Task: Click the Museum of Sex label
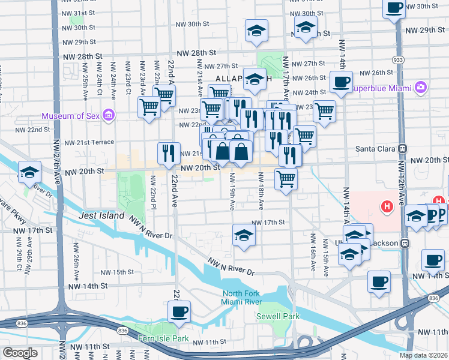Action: point(71,116)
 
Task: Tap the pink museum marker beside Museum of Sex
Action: point(109,115)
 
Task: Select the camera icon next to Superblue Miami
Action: point(420,88)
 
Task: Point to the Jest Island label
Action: point(101,215)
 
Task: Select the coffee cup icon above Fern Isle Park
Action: point(178,311)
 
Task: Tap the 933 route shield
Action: point(397,61)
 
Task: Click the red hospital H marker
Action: point(387,206)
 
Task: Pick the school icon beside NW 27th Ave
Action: point(29,172)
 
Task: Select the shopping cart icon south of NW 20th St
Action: point(286,178)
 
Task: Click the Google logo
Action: point(20,353)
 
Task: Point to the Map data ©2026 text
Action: point(423,355)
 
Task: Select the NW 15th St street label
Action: point(118,272)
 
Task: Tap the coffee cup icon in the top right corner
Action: point(394,8)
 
